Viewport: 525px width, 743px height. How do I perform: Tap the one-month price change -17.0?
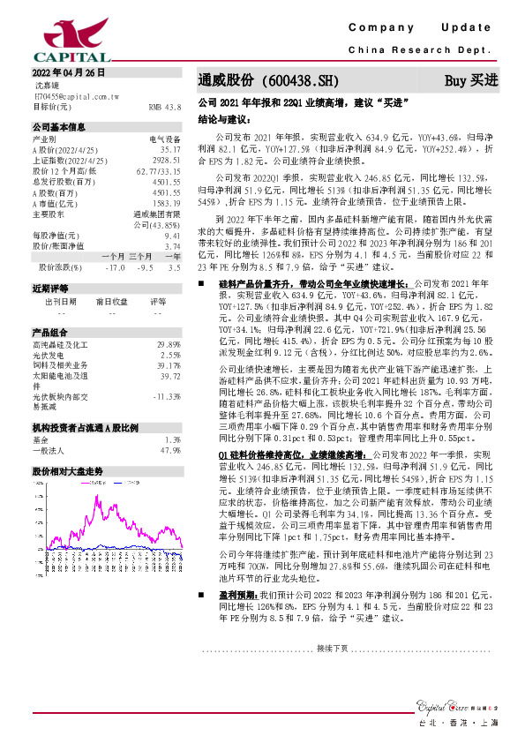(114, 266)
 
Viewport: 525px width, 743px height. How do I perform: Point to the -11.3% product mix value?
(166, 396)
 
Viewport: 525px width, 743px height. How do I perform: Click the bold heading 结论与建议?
(221, 118)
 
